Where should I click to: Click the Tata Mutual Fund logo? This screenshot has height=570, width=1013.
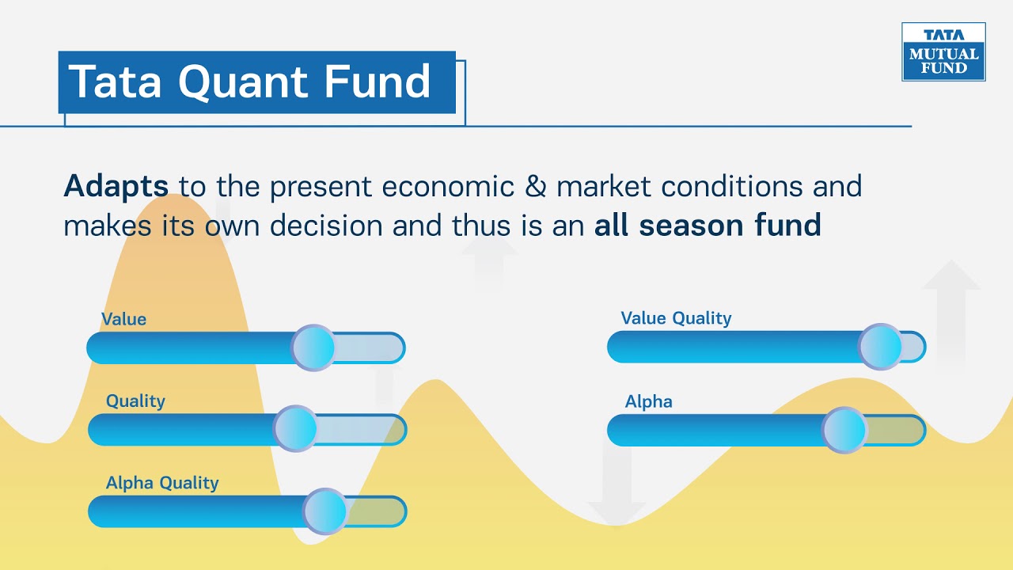pos(943,51)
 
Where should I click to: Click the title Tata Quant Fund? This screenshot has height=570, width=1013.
pos(250,82)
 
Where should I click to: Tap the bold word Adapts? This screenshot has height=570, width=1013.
pos(116,187)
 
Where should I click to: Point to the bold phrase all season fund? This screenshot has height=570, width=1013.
pos(708,226)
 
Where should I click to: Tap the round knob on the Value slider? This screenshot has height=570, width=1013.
pos(313,348)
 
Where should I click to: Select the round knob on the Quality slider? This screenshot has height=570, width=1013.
pos(295,429)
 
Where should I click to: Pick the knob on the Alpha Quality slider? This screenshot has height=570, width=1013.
pos(325,511)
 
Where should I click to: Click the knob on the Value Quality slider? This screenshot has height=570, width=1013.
pos(881,347)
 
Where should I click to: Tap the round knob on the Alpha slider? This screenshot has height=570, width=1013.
pos(844,430)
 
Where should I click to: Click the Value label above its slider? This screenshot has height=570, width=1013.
pos(123,319)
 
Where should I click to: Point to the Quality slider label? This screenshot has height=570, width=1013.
pos(135,401)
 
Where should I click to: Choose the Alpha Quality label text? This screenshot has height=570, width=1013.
pos(162,483)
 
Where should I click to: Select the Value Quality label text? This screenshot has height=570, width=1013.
pos(676,318)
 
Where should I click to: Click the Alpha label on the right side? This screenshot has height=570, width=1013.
pos(648,401)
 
